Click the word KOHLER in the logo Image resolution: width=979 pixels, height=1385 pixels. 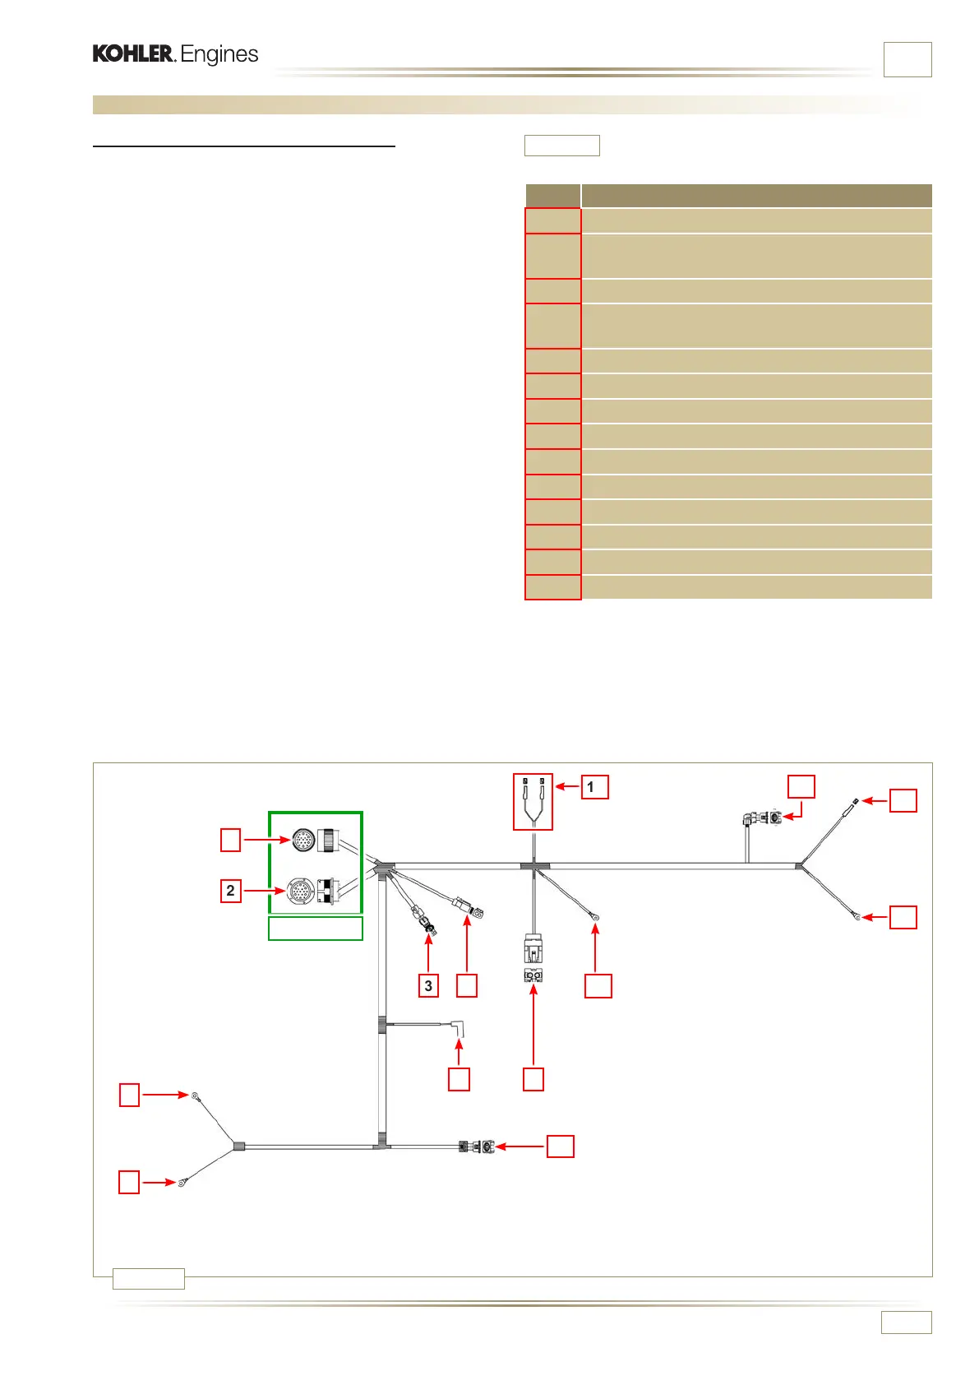point(133,54)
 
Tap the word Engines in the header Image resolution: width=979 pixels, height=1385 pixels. point(219,55)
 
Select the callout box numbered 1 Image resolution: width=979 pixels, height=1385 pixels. point(594,787)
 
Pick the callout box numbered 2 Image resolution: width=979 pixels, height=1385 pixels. point(230,891)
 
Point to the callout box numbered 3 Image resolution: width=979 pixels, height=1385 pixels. point(428,985)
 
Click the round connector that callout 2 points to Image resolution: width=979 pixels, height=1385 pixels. point(300,892)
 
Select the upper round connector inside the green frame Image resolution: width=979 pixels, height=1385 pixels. point(303,841)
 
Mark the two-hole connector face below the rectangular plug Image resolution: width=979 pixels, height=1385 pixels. point(533,976)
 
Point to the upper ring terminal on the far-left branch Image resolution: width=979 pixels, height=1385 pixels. point(195,1096)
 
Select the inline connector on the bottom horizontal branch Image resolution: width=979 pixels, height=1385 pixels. point(478,1146)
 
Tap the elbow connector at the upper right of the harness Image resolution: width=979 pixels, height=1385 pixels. point(762,818)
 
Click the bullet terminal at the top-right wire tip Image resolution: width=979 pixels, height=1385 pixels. point(857,800)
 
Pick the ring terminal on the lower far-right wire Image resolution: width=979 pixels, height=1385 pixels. point(857,916)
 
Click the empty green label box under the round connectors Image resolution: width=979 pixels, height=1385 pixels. point(316,929)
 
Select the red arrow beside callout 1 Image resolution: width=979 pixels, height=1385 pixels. point(568,787)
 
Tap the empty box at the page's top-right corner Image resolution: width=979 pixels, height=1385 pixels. point(907,59)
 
